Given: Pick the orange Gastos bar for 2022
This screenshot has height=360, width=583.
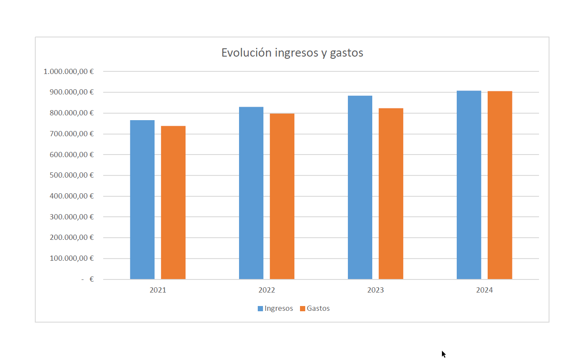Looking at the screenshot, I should [x=282, y=196].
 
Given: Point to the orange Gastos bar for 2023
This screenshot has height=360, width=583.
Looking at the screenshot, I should [x=391, y=194].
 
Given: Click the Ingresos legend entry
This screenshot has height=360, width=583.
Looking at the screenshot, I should [x=275, y=308].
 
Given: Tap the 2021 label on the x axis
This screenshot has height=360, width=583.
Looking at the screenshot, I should [x=158, y=290].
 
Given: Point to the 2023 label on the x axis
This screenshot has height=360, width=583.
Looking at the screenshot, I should [x=375, y=290].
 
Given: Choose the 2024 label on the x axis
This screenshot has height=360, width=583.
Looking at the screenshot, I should [x=484, y=290].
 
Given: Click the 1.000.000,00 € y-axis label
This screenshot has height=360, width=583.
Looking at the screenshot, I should [x=69, y=71].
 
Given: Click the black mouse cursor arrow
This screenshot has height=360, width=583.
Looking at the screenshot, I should [x=443, y=353].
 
